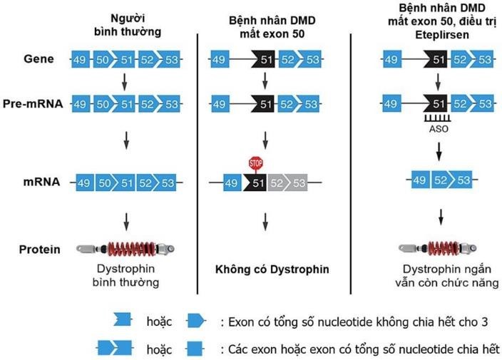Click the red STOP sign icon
(256, 165)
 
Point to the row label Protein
(40, 249)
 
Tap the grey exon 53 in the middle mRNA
(298, 184)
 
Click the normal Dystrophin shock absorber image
(125, 249)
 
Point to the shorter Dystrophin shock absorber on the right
(436, 249)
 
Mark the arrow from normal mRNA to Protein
(126, 220)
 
